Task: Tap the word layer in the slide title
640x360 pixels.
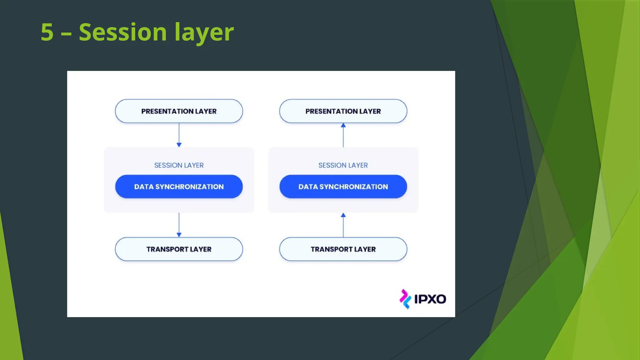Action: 204,32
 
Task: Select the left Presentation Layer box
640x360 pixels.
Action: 179,111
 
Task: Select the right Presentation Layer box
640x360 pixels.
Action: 343,111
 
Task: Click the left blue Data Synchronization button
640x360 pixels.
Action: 179,187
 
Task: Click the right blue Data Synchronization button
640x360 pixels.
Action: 343,187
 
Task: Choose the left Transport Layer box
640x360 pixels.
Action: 179,249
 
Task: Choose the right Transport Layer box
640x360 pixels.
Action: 343,249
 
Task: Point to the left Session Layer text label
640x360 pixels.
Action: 179,165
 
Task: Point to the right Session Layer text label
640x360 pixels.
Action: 343,165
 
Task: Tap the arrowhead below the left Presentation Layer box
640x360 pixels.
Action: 179,145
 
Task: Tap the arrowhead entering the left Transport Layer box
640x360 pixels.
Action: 179,235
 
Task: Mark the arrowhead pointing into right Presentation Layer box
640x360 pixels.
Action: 343,125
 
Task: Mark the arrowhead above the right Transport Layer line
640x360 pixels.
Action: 343,215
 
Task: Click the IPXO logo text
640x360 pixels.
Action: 430,299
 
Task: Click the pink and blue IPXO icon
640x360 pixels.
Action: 405,299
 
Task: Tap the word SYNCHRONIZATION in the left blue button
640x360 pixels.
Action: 189,187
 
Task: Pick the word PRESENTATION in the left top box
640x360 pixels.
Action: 167,111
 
